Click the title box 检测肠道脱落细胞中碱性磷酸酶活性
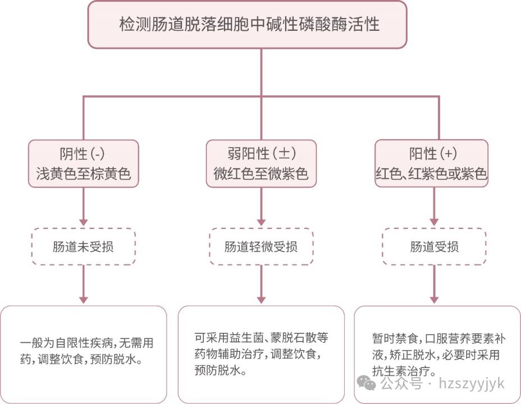tap(247, 25)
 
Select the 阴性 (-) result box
tap(83, 163)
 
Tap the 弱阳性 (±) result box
tap(261, 163)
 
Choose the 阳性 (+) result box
tap(431, 163)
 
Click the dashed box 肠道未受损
tap(83, 246)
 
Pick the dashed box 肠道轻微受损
tap(261, 246)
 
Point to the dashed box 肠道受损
tap(434, 246)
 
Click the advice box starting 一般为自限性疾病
tap(84, 353)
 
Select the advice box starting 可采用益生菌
tap(261, 353)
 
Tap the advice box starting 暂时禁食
tap(437, 353)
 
